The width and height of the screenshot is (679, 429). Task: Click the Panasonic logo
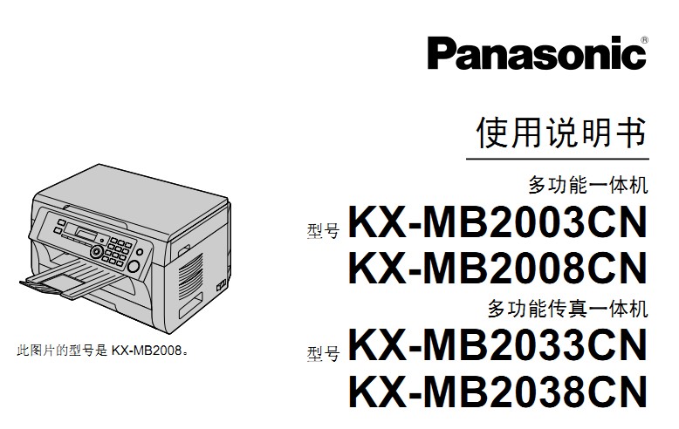tap(537, 53)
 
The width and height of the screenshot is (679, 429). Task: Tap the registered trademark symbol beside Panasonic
tap(644, 40)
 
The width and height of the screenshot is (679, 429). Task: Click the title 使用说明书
tap(562, 132)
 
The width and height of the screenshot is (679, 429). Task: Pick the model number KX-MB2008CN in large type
tap(497, 269)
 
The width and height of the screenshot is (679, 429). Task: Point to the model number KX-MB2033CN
tap(497, 344)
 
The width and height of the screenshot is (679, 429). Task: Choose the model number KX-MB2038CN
tap(497, 392)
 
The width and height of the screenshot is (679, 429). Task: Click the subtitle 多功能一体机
tap(588, 185)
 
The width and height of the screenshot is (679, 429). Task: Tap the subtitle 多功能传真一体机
tap(567, 309)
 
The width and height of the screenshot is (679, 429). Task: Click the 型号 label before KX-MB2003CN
tap(323, 231)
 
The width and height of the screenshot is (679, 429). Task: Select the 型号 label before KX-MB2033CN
tap(323, 354)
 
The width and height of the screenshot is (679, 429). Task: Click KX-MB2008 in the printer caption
tap(147, 351)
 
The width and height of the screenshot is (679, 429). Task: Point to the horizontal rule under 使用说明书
tap(558, 159)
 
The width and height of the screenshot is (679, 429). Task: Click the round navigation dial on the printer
tap(97, 251)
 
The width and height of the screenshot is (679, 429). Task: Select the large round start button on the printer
tap(133, 266)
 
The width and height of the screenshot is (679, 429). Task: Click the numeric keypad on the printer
tap(117, 250)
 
